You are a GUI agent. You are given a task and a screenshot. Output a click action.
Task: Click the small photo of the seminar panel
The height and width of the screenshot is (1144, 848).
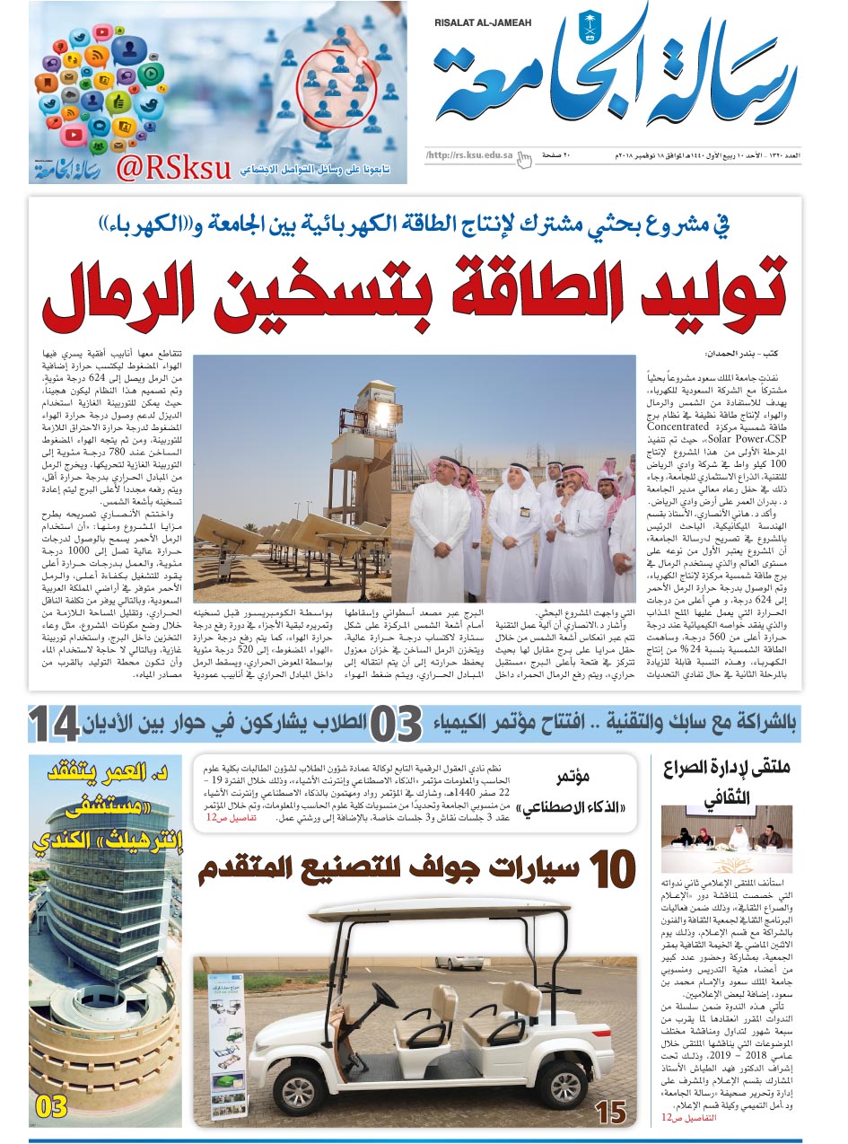[726, 826]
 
